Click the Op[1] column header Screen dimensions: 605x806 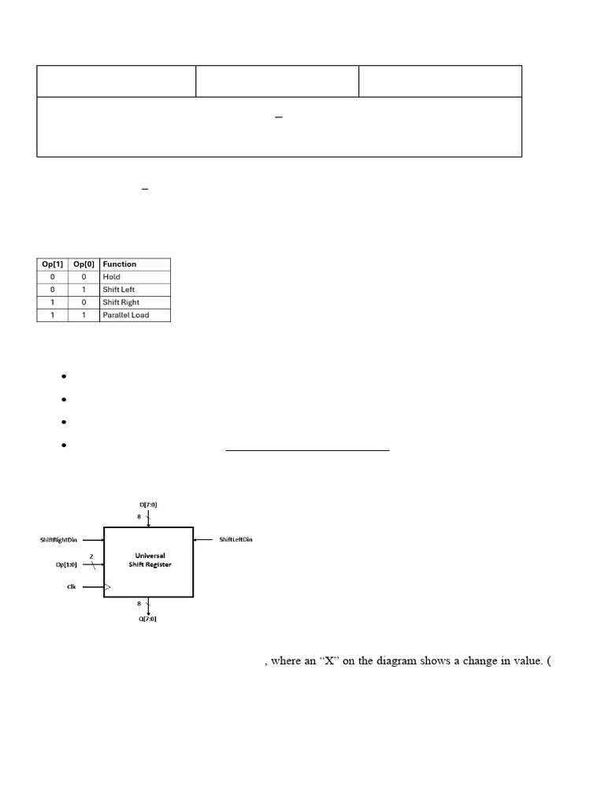coord(53,264)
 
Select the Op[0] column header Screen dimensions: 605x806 coord(84,264)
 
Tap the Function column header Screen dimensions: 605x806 coord(120,264)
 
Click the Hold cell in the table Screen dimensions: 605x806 coord(111,276)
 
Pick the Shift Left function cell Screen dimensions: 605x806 coord(118,290)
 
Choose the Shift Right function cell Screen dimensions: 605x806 coord(121,302)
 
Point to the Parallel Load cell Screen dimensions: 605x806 coord(125,315)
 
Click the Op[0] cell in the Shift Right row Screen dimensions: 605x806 coord(84,302)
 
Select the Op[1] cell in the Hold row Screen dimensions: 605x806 coord(52,276)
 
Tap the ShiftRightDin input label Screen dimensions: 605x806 coord(58,540)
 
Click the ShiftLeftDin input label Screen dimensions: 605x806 coord(236,539)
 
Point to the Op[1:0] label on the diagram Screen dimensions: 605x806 coord(66,564)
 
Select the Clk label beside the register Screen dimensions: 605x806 coord(72,586)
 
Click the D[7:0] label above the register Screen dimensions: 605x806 coord(148,505)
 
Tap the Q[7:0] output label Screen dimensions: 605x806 coord(147,619)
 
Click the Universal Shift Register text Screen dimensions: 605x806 coord(150,560)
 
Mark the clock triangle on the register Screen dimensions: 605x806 coord(107,586)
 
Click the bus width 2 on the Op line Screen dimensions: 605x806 coord(91,556)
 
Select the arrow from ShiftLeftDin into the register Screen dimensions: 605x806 coord(203,540)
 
